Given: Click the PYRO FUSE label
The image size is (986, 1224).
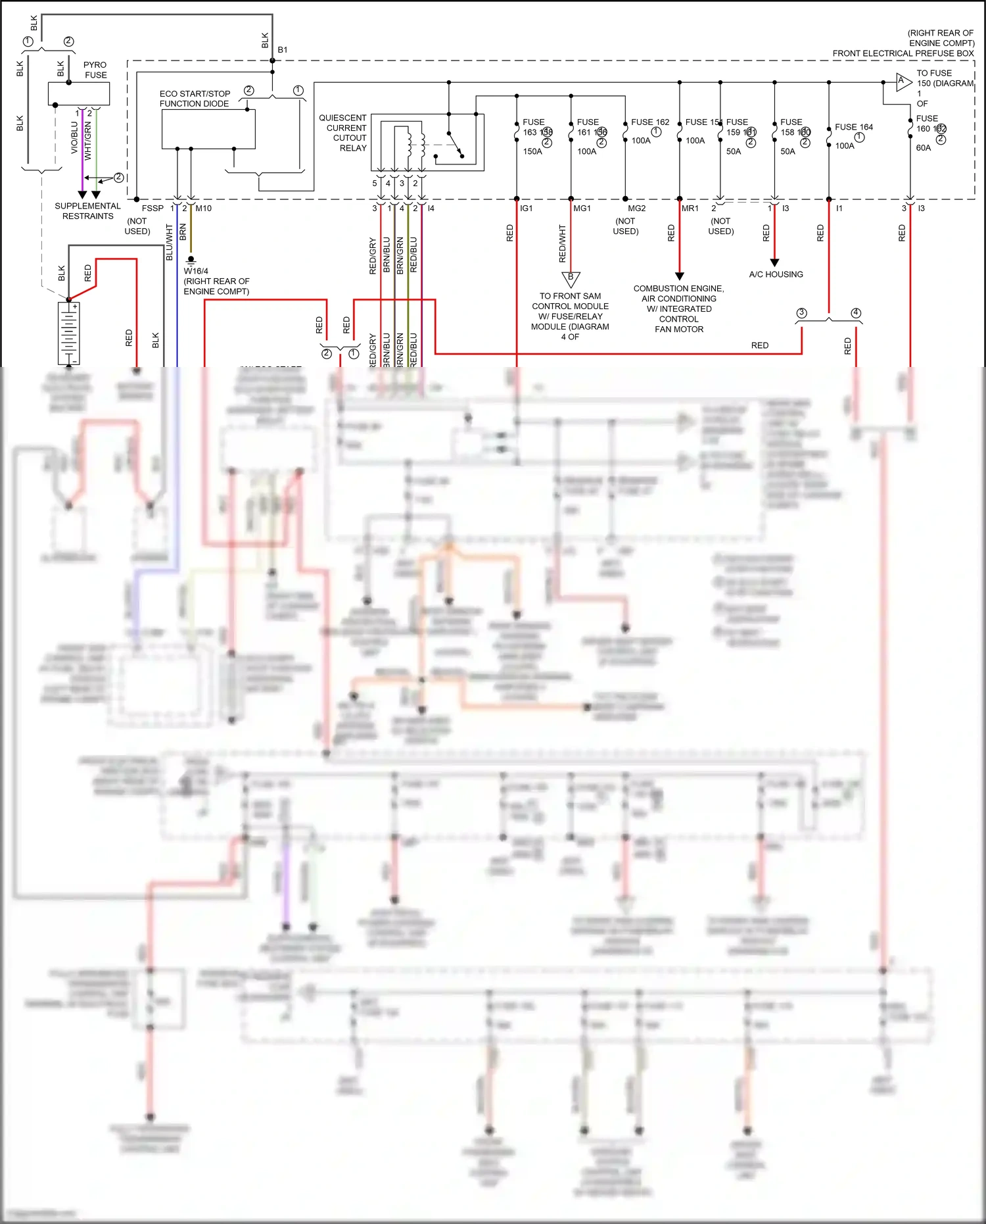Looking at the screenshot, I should tap(95, 70).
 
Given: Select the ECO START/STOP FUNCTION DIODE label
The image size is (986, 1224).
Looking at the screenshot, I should tap(195, 99).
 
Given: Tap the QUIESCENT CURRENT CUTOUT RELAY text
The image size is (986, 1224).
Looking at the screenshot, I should tap(343, 133).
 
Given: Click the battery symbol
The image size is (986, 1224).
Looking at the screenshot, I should tap(68, 333).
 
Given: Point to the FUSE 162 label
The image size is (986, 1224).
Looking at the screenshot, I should tap(649, 122).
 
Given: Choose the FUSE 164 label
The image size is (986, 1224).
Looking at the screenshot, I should tap(853, 127).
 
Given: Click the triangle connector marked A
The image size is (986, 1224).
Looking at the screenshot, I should tap(903, 82).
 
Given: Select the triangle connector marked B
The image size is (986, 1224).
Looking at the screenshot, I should tap(571, 279).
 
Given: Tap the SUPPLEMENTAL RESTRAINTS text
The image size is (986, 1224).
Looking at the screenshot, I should tap(87, 211).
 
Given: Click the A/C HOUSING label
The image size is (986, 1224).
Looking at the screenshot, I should tap(776, 274).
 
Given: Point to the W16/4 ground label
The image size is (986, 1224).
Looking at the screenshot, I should tap(196, 271).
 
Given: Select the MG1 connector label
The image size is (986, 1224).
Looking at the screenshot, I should tap(582, 208).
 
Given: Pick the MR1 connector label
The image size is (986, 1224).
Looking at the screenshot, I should tap(690, 208).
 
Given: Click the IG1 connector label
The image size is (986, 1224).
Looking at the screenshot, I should tap(526, 208).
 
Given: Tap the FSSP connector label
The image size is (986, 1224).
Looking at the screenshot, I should tap(153, 208).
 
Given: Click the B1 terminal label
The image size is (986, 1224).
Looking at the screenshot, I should tap(283, 50).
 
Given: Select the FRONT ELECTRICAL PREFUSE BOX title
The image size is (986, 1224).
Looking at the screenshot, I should tap(903, 53).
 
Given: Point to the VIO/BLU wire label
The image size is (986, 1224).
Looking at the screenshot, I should tap(74, 138).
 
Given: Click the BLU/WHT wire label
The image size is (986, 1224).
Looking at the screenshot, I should tap(169, 242).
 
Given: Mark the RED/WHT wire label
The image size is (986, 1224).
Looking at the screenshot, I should tap(562, 243).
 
